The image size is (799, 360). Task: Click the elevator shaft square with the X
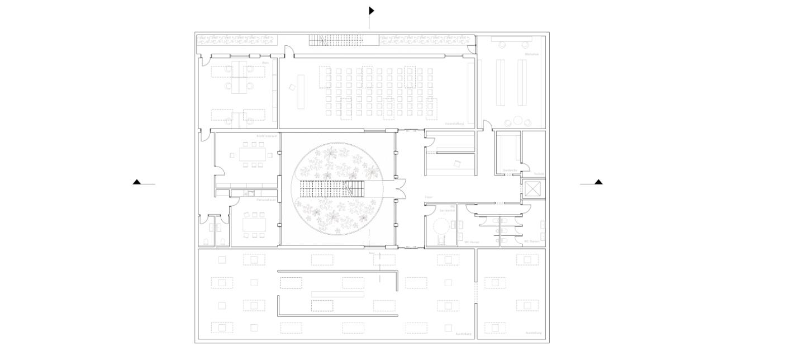coord(533,190)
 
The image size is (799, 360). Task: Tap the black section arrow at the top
coord(371,11)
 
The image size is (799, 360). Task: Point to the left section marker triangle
coord(137,182)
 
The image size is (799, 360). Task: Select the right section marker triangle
coord(598,182)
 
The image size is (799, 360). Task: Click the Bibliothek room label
coord(531,54)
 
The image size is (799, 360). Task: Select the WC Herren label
coord(472,242)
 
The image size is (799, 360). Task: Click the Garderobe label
coord(510,170)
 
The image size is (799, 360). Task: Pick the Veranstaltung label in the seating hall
coord(454,124)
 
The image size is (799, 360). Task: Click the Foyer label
coord(429,197)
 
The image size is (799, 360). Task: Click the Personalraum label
coord(264,200)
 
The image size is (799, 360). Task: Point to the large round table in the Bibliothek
coord(518,120)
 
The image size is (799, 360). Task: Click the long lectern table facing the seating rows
coord(301,92)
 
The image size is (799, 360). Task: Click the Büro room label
coord(265,63)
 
